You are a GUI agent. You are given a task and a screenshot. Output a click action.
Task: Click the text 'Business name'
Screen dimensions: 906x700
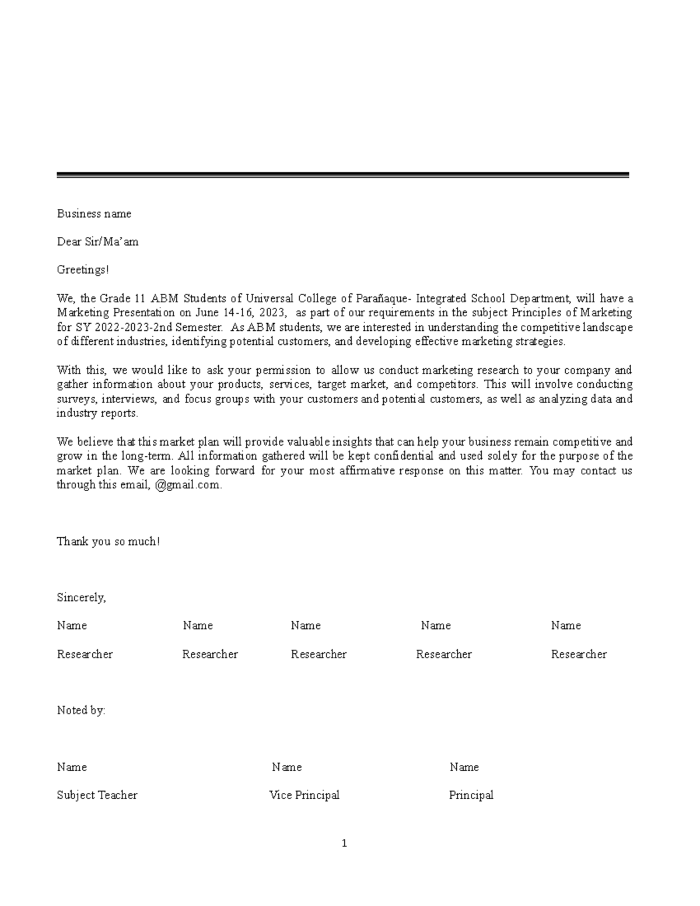click(94, 214)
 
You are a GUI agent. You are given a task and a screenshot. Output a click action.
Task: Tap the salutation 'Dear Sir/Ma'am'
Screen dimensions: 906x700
click(97, 242)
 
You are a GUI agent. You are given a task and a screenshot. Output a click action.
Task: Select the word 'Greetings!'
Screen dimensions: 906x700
click(83, 270)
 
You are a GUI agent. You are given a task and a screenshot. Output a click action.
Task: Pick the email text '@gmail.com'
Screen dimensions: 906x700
click(188, 485)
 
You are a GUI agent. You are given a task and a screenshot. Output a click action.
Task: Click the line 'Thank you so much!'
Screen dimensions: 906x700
click(108, 541)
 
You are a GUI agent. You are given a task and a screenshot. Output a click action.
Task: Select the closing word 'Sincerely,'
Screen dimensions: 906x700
click(81, 597)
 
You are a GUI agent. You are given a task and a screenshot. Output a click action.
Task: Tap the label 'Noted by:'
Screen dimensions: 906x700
click(81, 711)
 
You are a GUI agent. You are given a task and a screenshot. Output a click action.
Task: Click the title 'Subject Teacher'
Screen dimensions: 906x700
click(97, 795)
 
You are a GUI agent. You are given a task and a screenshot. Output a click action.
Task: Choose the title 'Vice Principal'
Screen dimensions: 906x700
click(304, 795)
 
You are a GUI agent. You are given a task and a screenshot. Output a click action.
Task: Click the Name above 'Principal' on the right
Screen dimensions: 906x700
click(464, 767)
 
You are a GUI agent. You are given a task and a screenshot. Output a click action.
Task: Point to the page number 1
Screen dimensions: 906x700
click(344, 843)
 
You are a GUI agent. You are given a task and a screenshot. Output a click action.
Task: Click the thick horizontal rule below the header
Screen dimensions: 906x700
click(342, 175)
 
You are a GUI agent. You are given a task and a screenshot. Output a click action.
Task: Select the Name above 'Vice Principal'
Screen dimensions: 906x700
click(286, 767)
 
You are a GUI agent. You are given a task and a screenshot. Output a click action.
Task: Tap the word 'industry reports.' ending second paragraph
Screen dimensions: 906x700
click(97, 413)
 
